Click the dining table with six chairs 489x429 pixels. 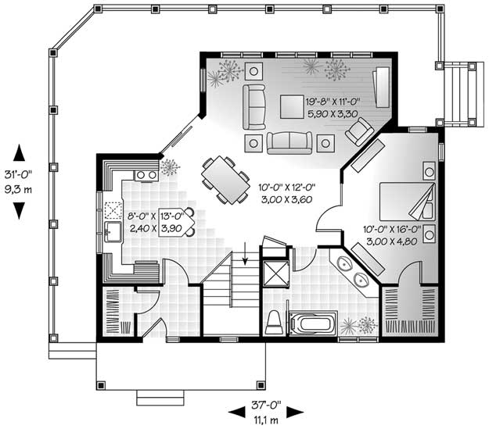[x=225, y=180]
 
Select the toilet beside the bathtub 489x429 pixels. [x=275, y=323]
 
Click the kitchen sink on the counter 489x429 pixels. [x=113, y=231]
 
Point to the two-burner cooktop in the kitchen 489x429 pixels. [x=146, y=175]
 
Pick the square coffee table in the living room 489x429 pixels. [x=292, y=106]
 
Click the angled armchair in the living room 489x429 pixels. [x=359, y=131]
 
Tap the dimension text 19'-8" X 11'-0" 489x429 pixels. [x=333, y=102]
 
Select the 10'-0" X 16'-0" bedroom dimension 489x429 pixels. [x=392, y=230]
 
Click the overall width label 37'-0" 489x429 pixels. [x=266, y=405]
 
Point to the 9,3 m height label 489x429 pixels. [x=18, y=189]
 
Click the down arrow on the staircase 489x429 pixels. [x=245, y=253]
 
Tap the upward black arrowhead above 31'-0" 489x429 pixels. [x=19, y=152]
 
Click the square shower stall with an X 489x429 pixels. [x=276, y=273]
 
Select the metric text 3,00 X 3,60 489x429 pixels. [x=286, y=199]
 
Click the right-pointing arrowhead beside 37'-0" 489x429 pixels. [x=295, y=413]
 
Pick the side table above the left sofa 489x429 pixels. [x=253, y=71]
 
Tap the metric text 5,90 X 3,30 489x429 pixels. [x=333, y=114]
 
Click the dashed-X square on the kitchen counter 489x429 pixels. [x=113, y=210]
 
